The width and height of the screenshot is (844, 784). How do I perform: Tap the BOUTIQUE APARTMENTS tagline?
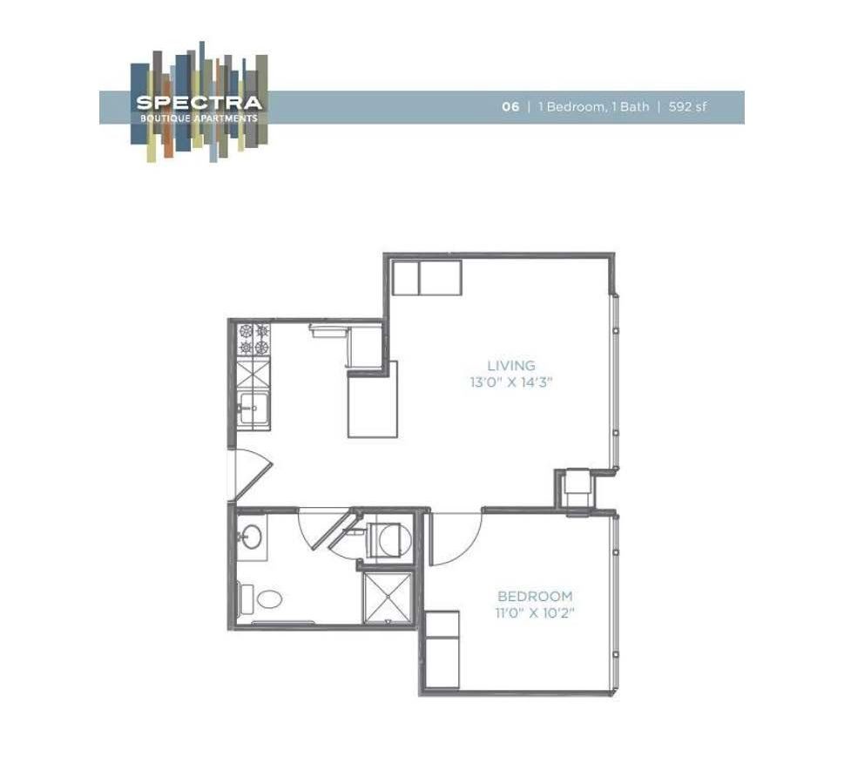point(198,118)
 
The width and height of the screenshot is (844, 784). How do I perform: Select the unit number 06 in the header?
point(510,107)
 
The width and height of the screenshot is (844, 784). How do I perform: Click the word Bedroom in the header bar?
point(572,107)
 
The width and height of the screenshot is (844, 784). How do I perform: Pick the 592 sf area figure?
point(688,107)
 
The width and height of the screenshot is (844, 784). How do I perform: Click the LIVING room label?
point(511,366)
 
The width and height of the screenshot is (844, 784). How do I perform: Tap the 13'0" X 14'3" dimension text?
point(511,382)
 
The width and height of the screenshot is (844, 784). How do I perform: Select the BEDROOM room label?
point(535,597)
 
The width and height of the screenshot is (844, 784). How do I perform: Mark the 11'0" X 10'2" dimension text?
point(535,612)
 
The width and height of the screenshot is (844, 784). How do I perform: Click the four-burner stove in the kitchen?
point(253,341)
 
